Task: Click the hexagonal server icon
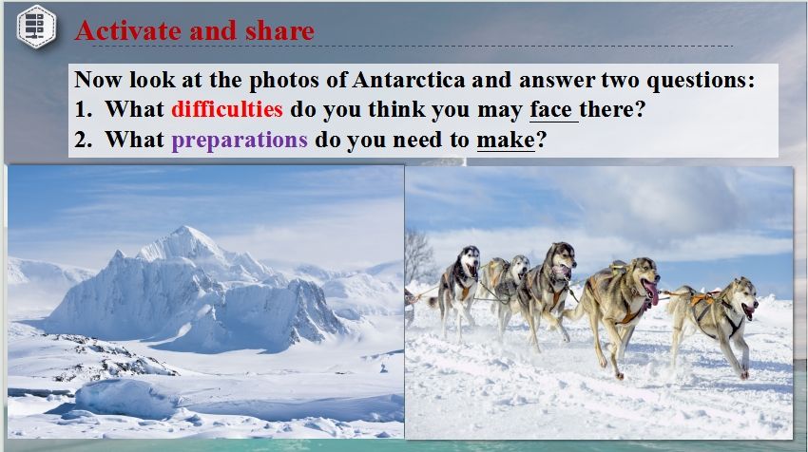pyautogui.click(x=36, y=27)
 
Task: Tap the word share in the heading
pyautogui.click(x=279, y=30)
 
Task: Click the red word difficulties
pyautogui.click(x=227, y=109)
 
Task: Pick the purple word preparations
pyautogui.click(x=240, y=141)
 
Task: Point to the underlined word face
pyautogui.click(x=550, y=110)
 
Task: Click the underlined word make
pyautogui.click(x=506, y=140)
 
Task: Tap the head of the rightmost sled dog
pyautogui.click(x=744, y=298)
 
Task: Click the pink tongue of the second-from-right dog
pyautogui.click(x=652, y=292)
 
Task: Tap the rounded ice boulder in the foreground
pyautogui.click(x=125, y=399)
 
